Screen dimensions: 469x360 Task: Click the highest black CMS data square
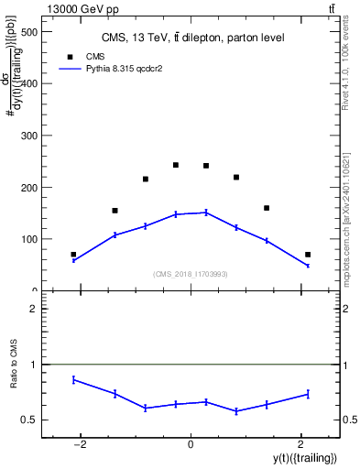coord(175,165)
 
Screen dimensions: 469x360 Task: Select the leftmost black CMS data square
coord(73,255)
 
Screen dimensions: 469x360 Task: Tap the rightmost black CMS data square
coord(308,255)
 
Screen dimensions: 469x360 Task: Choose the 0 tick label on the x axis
coord(191,444)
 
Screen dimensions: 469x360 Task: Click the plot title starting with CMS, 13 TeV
coord(192,38)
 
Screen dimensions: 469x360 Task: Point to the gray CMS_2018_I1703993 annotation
coord(191,273)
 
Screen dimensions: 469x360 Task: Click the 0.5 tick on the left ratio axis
coord(32,420)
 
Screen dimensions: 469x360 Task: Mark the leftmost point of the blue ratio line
coord(73,379)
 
